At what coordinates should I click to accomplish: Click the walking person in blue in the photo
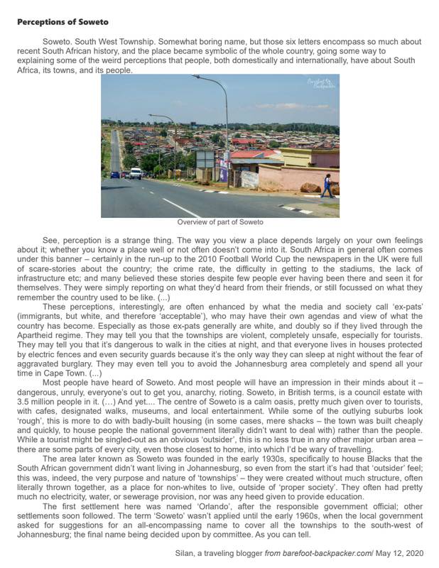pos(326,185)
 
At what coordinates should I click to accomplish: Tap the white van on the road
pos(136,173)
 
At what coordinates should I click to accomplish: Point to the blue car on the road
pos(115,174)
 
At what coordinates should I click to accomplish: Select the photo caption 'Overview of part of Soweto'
pos(220,222)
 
